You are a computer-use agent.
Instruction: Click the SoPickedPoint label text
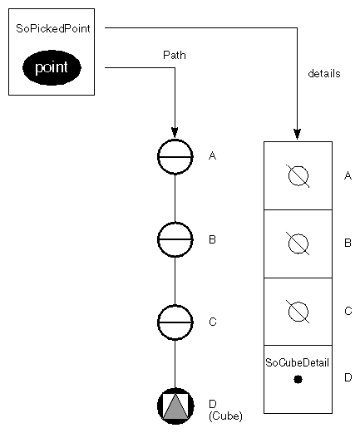click(x=52, y=29)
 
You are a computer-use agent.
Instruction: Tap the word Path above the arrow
click(x=174, y=55)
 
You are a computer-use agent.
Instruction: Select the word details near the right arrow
click(x=323, y=73)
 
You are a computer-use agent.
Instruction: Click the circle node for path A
click(x=175, y=155)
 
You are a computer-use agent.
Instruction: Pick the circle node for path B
click(x=175, y=239)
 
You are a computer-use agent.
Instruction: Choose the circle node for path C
click(x=175, y=322)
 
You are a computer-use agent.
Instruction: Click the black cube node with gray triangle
click(x=175, y=406)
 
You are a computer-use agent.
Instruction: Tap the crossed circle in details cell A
click(x=298, y=175)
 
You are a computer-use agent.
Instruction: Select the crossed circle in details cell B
click(x=298, y=244)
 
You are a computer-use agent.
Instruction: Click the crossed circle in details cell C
click(x=298, y=311)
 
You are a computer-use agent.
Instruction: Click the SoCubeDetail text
click(x=297, y=362)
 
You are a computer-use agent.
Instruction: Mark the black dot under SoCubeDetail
click(x=298, y=379)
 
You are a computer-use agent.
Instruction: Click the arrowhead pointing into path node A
click(x=175, y=131)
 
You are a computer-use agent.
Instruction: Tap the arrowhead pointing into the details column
click(x=297, y=133)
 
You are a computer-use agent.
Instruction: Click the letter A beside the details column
click(x=348, y=175)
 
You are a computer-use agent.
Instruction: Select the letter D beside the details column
click(x=348, y=378)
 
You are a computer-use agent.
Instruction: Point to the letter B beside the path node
click(x=212, y=239)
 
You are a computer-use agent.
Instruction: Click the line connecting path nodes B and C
click(x=175, y=281)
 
